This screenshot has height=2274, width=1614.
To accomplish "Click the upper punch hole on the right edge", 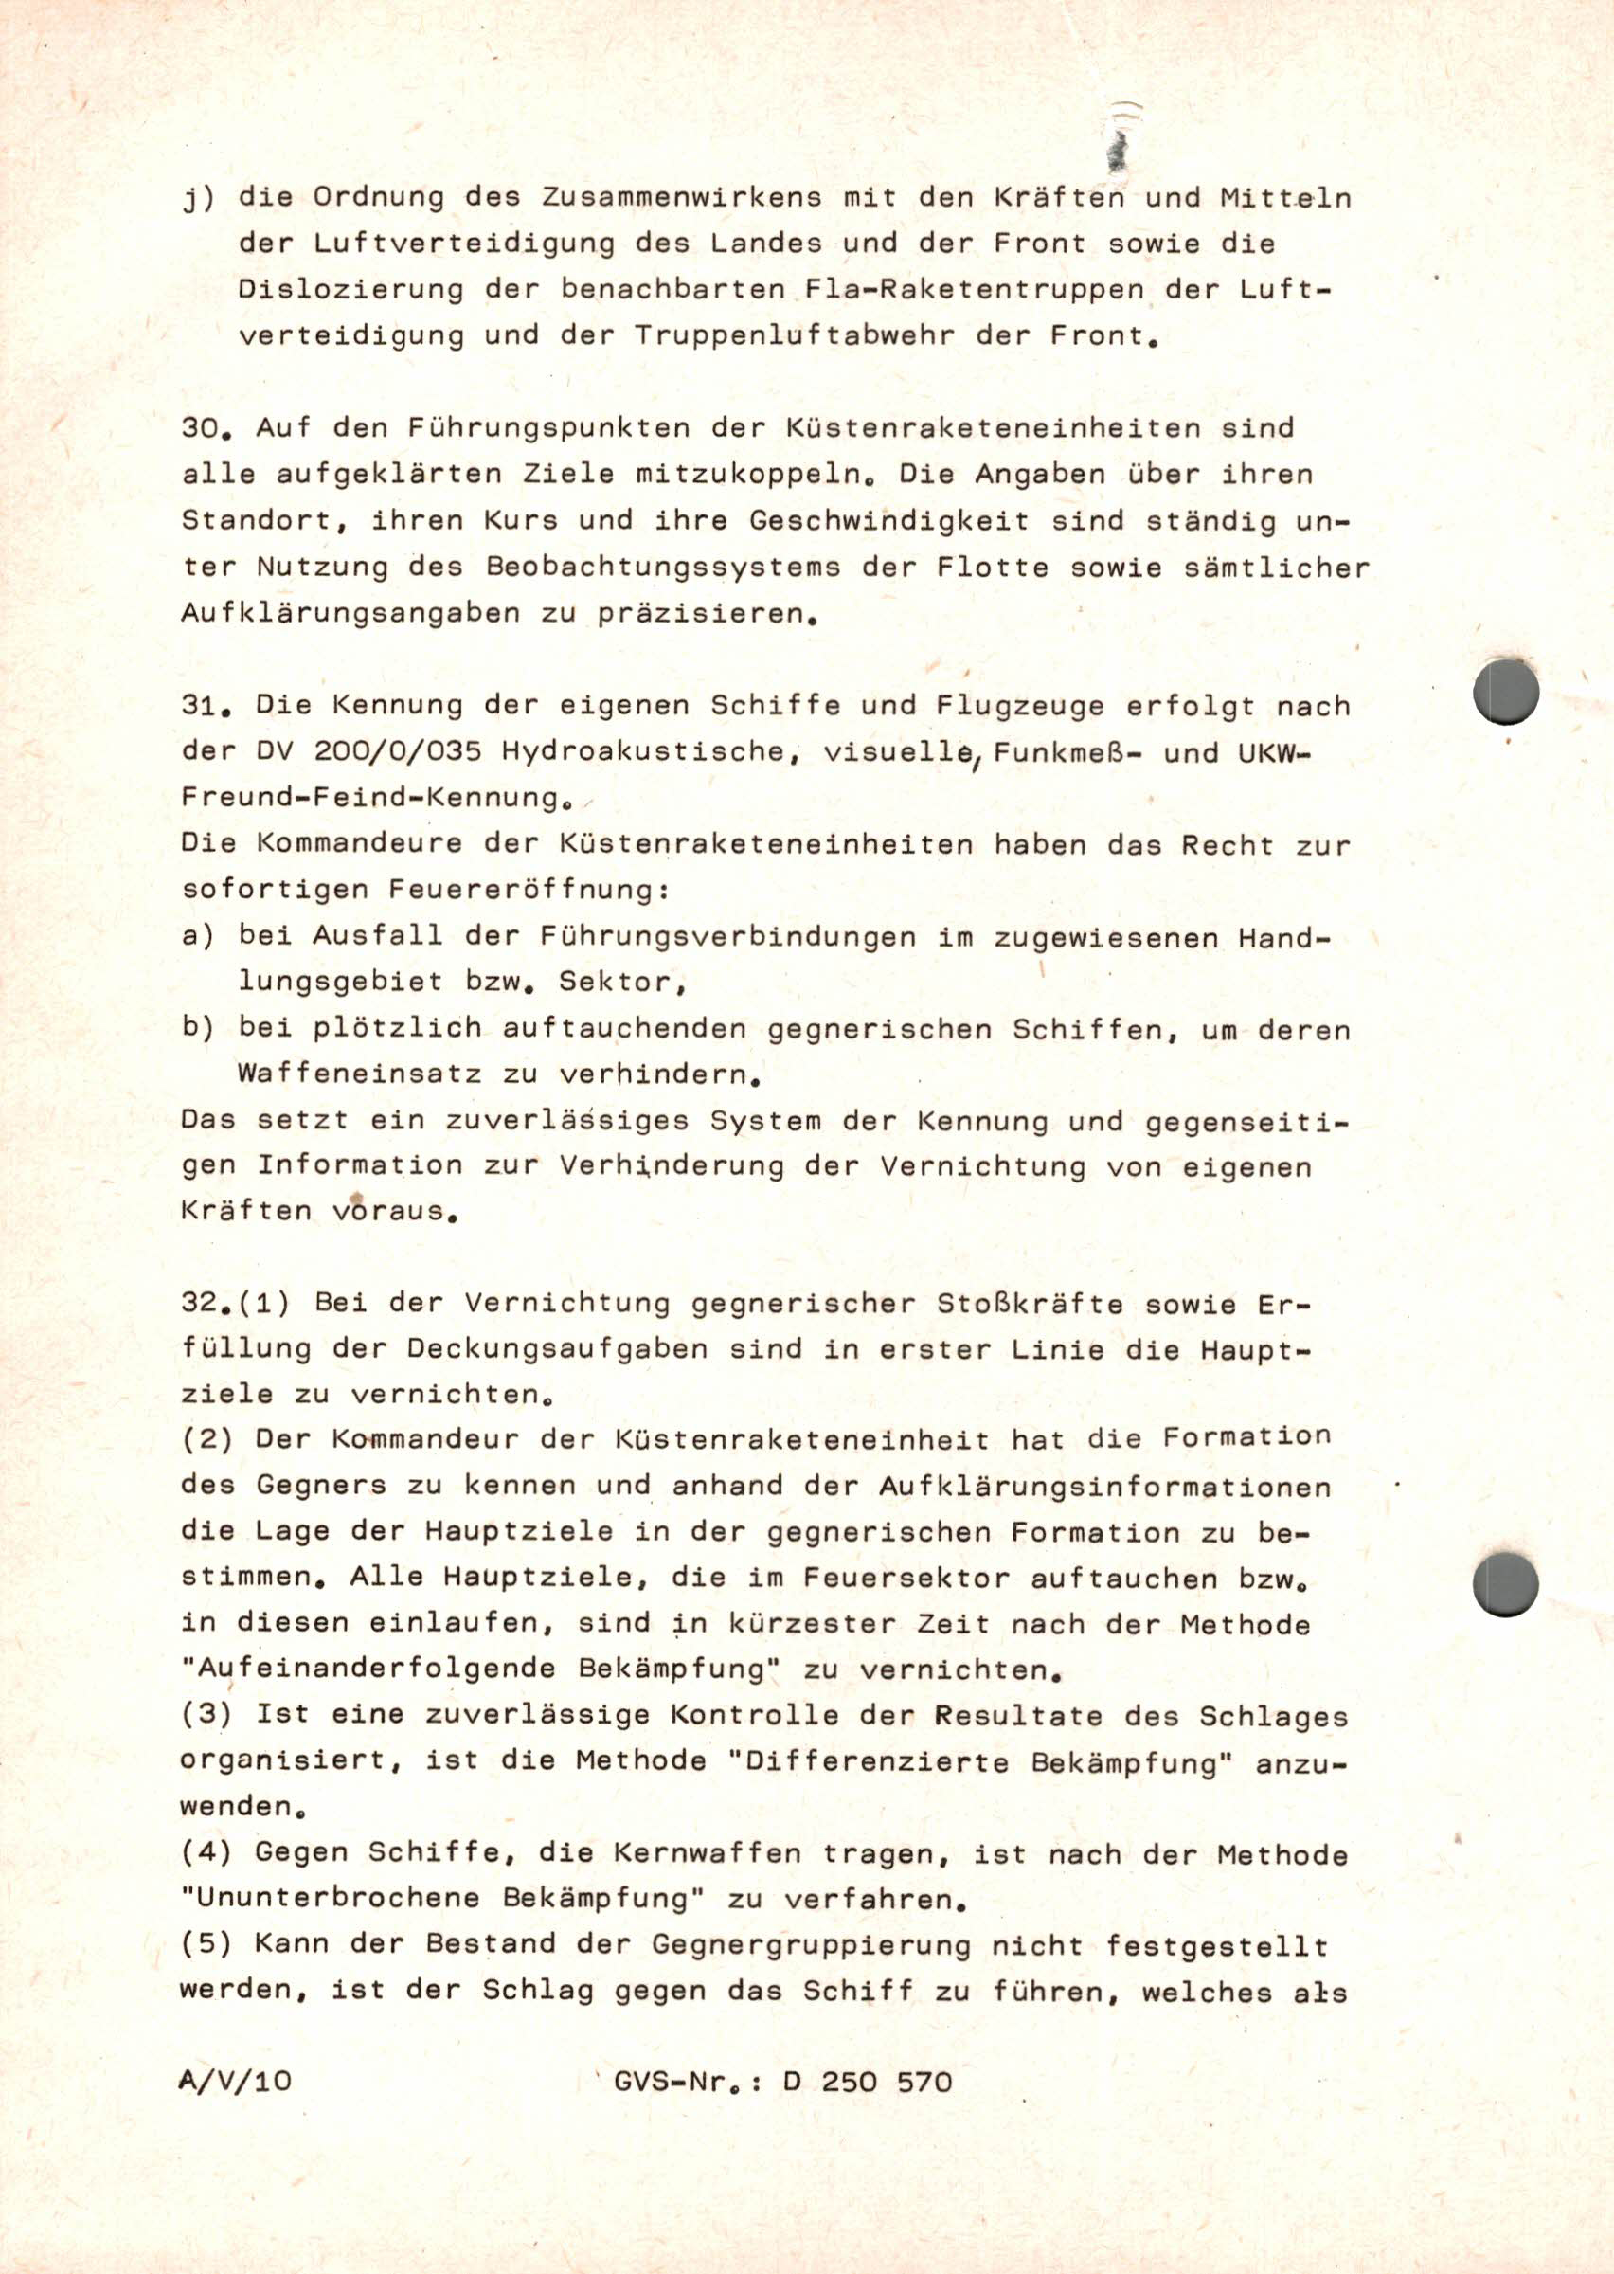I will (x=1506, y=692).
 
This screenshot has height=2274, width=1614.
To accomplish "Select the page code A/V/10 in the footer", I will (x=236, y=2082).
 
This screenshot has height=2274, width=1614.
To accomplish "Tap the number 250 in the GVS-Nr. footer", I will (x=849, y=2082).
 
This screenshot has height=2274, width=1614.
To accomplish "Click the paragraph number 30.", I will (x=206, y=428).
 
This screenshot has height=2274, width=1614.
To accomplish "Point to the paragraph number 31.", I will (x=206, y=706).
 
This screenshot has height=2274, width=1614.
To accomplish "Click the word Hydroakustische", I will (x=651, y=752).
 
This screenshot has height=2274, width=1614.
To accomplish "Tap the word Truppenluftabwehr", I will (x=795, y=336).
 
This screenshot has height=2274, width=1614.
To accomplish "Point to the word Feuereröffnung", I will (x=527, y=890).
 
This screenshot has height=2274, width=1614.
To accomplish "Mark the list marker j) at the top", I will (x=198, y=199).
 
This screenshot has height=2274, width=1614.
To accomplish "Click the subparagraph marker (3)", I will (x=206, y=1714).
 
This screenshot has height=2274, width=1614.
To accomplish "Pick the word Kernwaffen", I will (x=707, y=1853).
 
